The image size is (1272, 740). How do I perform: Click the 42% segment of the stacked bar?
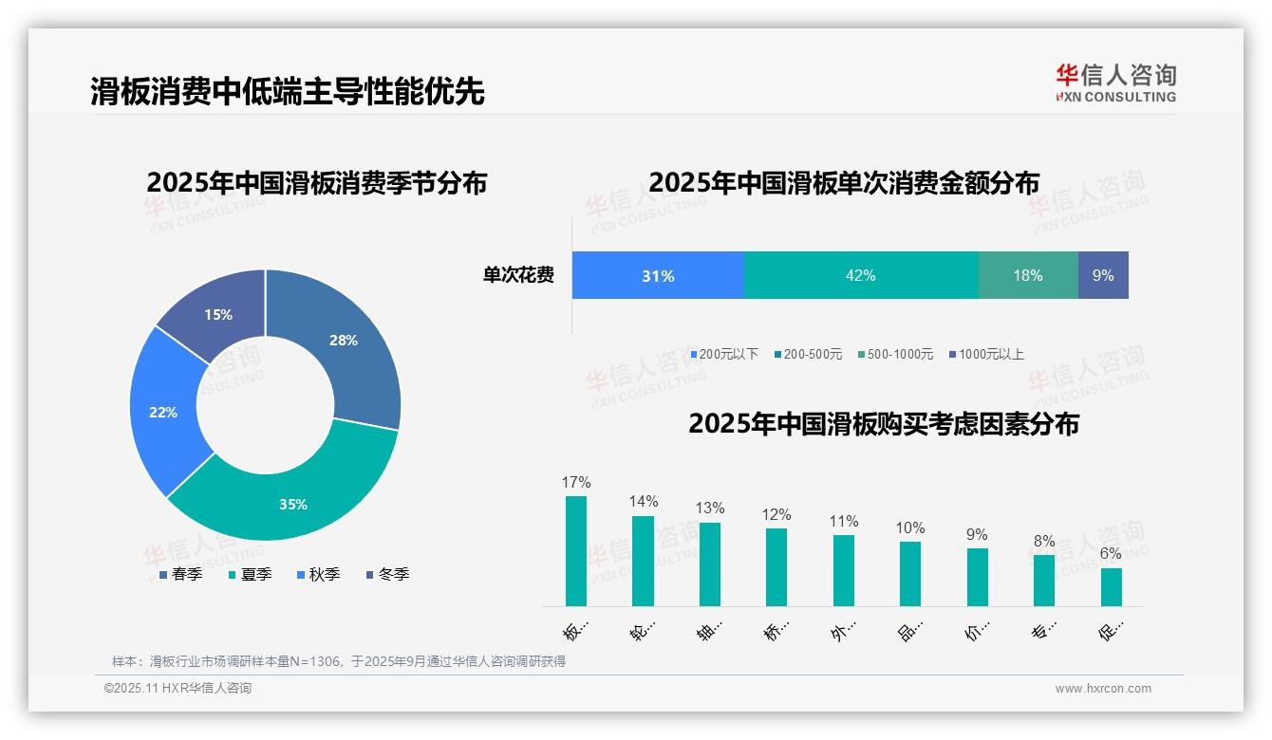[x=861, y=276]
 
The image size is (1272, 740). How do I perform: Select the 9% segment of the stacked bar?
[x=1103, y=276]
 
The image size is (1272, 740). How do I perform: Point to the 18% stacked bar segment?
[x=1028, y=276]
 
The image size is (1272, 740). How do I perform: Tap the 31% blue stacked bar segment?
[x=658, y=276]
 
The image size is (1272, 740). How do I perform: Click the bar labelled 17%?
[x=576, y=551]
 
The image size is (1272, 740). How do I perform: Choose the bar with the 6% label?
[x=1112, y=587]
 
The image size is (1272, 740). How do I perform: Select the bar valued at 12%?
[x=776, y=567]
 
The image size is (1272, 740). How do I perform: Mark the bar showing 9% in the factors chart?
[x=978, y=577]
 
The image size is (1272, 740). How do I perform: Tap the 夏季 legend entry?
[x=252, y=575]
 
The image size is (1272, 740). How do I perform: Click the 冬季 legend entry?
[x=388, y=575]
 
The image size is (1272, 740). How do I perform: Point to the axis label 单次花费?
[x=518, y=276]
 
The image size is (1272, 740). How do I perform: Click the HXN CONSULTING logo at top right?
[x=1115, y=83]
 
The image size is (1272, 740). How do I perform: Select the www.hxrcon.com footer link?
[x=1103, y=689]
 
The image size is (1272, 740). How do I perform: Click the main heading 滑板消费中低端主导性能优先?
[x=288, y=91]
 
